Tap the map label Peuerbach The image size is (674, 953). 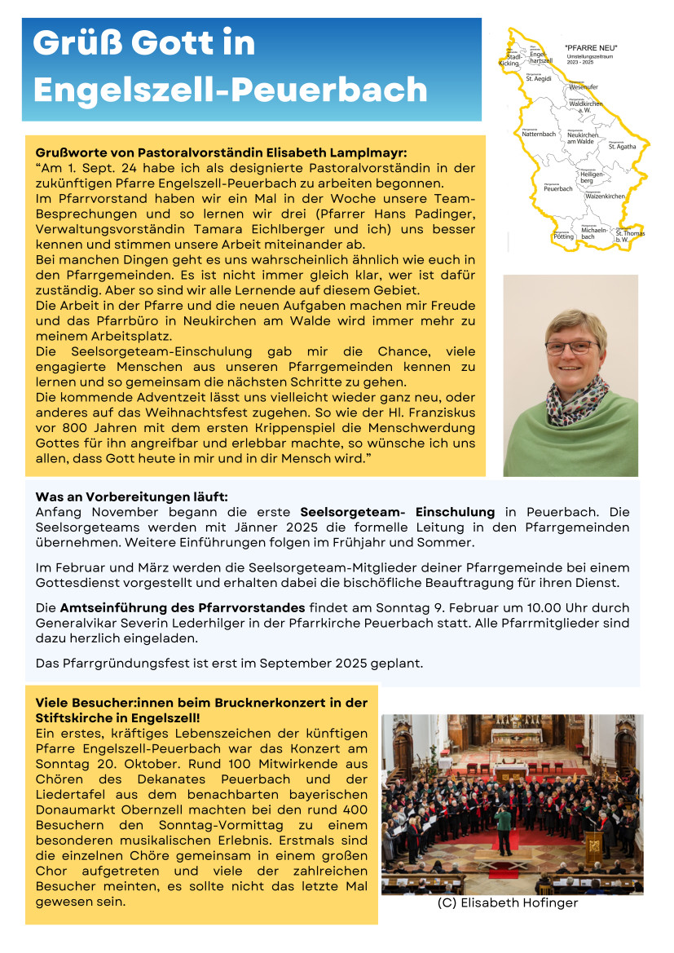pyautogui.click(x=558, y=188)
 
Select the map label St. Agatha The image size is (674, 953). pyautogui.click(x=622, y=147)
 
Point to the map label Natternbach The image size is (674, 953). pyautogui.click(x=539, y=134)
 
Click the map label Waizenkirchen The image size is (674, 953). pyautogui.click(x=605, y=196)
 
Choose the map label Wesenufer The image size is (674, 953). pyautogui.click(x=584, y=86)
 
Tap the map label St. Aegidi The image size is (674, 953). pyautogui.click(x=539, y=79)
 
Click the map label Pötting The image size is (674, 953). pyautogui.click(x=563, y=236)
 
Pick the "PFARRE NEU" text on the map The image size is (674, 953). pyautogui.click(x=591, y=48)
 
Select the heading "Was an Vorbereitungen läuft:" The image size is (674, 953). pyautogui.click(x=131, y=496)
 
